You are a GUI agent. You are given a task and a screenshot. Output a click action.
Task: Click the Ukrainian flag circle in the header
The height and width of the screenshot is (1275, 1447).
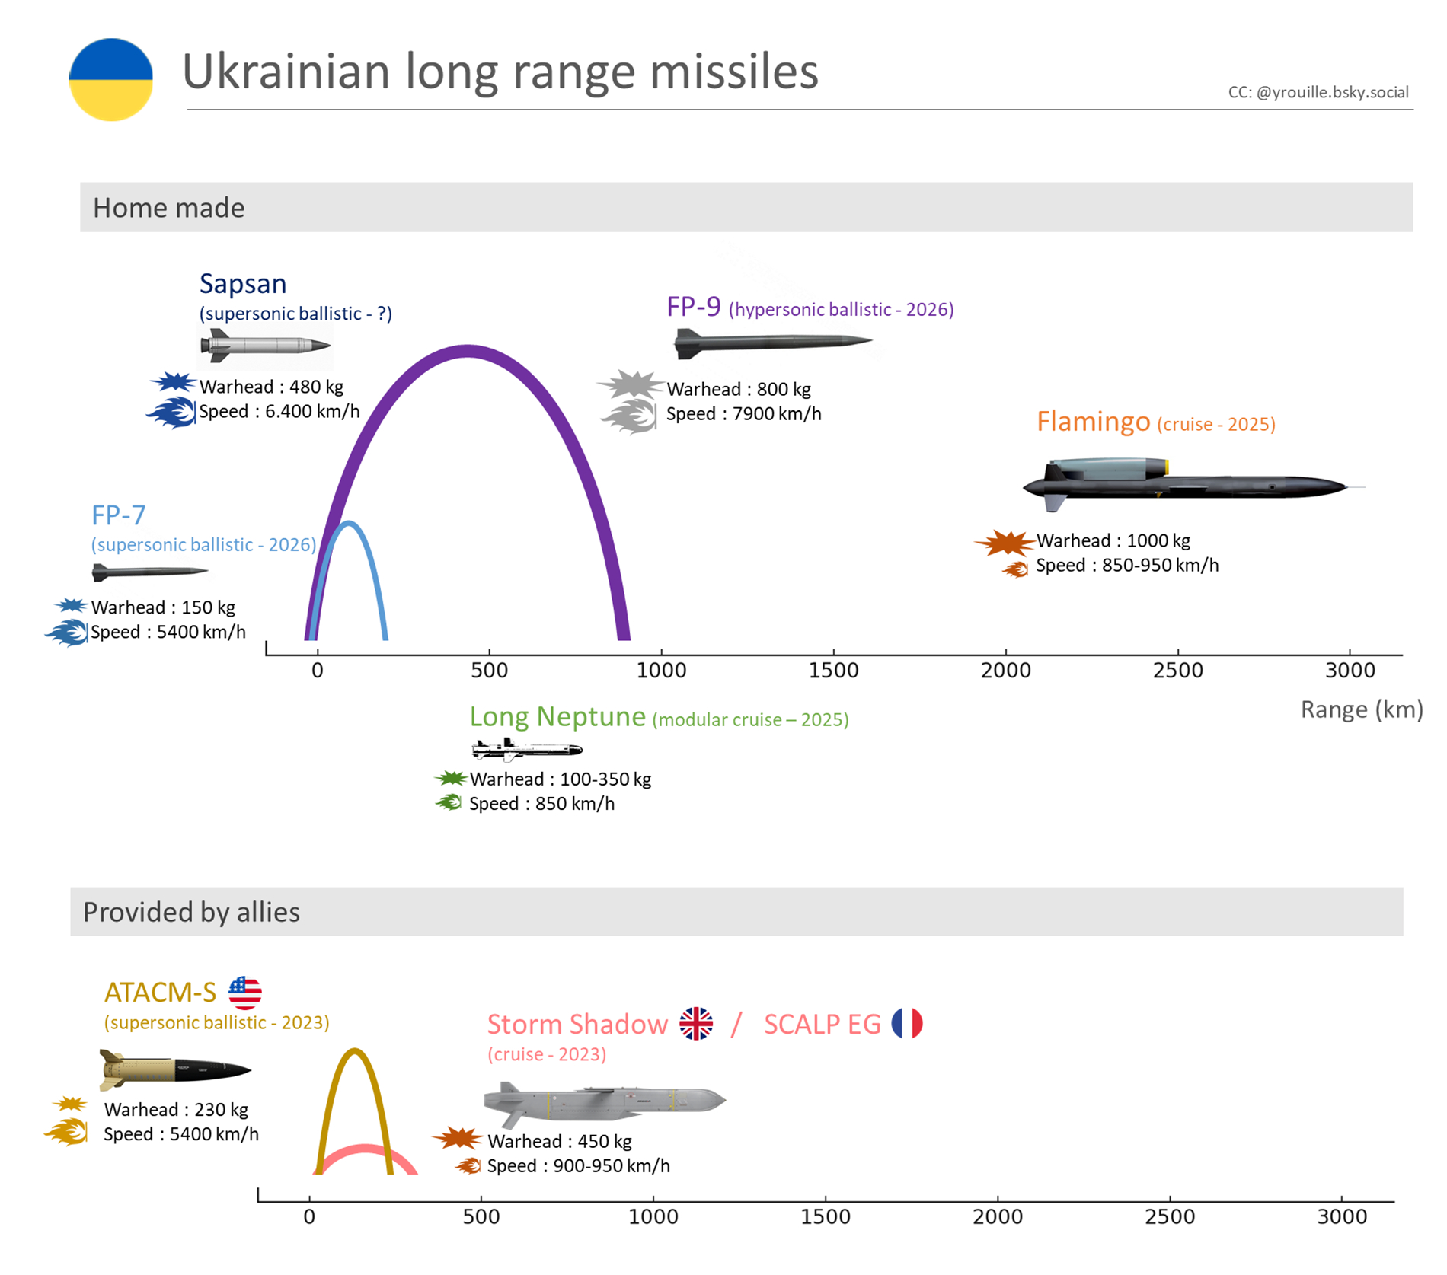pos(110,80)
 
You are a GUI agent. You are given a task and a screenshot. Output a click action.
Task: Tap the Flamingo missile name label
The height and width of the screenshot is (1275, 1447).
pos(1093,421)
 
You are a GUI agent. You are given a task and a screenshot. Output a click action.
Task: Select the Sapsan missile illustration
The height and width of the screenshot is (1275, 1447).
pos(265,346)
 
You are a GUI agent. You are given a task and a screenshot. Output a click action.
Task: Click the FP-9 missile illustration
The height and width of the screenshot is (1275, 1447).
pos(773,343)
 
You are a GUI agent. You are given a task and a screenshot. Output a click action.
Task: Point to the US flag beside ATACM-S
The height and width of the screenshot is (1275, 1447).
pos(245,993)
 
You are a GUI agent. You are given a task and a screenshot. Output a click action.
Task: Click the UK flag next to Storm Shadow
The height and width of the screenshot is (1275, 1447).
pos(696,1024)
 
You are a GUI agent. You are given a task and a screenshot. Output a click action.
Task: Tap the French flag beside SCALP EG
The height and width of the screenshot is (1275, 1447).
pos(907,1023)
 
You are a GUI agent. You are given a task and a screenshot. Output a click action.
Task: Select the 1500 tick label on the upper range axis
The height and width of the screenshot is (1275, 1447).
pos(833,671)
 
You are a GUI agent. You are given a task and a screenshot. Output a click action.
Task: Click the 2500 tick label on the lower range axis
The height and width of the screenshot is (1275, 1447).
pos(1170,1217)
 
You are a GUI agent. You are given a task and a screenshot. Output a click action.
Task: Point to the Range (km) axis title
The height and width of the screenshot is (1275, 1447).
pos(1362,709)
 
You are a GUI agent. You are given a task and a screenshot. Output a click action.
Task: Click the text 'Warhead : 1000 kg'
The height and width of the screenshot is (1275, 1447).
pos(1113,540)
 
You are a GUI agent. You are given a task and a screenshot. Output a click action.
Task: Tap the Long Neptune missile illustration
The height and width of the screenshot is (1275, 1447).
pos(527,750)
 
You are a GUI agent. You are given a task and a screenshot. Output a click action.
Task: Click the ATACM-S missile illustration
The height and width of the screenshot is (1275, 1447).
pos(175,1069)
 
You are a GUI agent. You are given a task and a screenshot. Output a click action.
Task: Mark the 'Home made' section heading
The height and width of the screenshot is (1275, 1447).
pos(169,208)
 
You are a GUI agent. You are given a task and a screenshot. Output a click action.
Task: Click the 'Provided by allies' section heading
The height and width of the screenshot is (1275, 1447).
pos(191,912)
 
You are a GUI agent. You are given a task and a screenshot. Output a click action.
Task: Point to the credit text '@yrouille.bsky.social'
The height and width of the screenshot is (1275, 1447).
pos(1332,93)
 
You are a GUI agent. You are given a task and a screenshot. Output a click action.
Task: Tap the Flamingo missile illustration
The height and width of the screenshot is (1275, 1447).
pos(1193,484)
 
